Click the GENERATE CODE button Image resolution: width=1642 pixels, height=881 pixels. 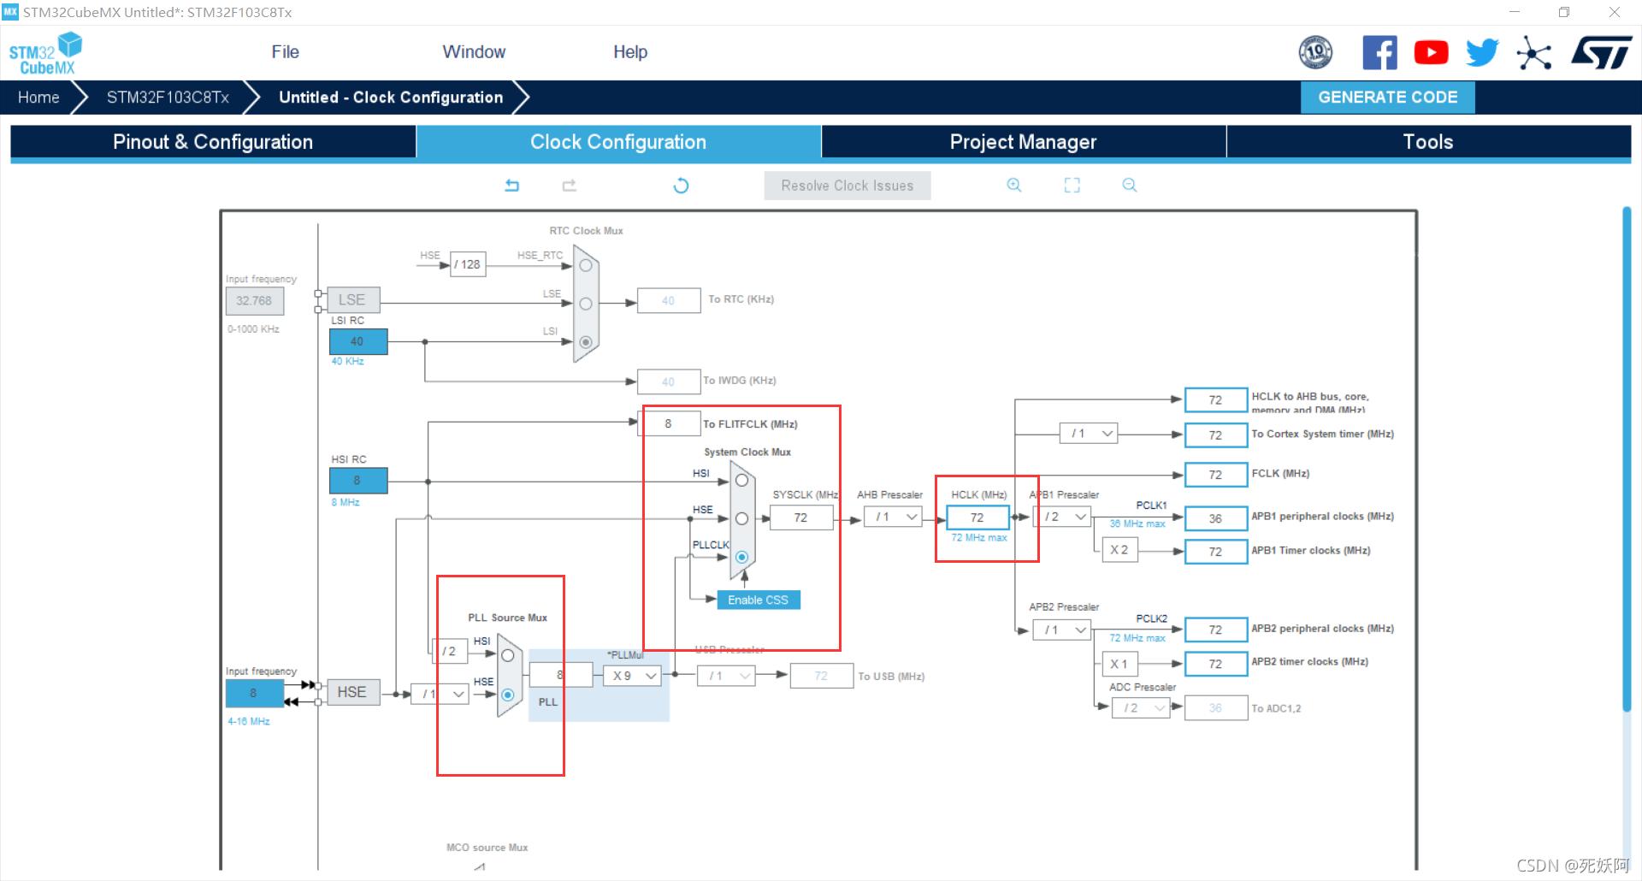tap(1387, 98)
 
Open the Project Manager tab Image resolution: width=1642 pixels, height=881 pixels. tap(1023, 142)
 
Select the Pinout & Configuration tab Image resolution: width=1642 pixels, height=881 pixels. tap(213, 142)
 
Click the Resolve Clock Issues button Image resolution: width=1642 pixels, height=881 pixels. tap(847, 186)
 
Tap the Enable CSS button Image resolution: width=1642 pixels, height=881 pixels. tap(758, 600)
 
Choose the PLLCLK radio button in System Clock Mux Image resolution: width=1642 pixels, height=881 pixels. tap(741, 557)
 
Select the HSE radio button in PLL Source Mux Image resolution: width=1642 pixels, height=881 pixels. tap(508, 695)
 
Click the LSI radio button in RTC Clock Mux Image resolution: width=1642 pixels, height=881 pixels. tap(586, 342)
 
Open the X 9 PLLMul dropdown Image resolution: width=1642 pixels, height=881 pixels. tap(634, 676)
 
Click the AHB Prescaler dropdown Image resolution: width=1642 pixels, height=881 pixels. tap(893, 517)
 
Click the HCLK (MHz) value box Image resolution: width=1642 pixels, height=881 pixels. tap(978, 517)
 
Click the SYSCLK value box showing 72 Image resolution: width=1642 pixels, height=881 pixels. tap(800, 517)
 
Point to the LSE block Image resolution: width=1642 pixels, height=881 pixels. tap(352, 300)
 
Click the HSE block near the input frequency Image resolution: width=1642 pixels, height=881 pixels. tap(352, 692)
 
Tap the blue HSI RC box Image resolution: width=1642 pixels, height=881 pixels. tap(357, 481)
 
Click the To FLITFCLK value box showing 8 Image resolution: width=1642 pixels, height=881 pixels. tap(668, 423)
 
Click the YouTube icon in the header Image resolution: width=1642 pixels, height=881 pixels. tap(1431, 53)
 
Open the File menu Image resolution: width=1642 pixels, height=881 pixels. tap(285, 52)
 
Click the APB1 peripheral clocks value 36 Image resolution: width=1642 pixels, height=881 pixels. tap(1215, 518)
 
